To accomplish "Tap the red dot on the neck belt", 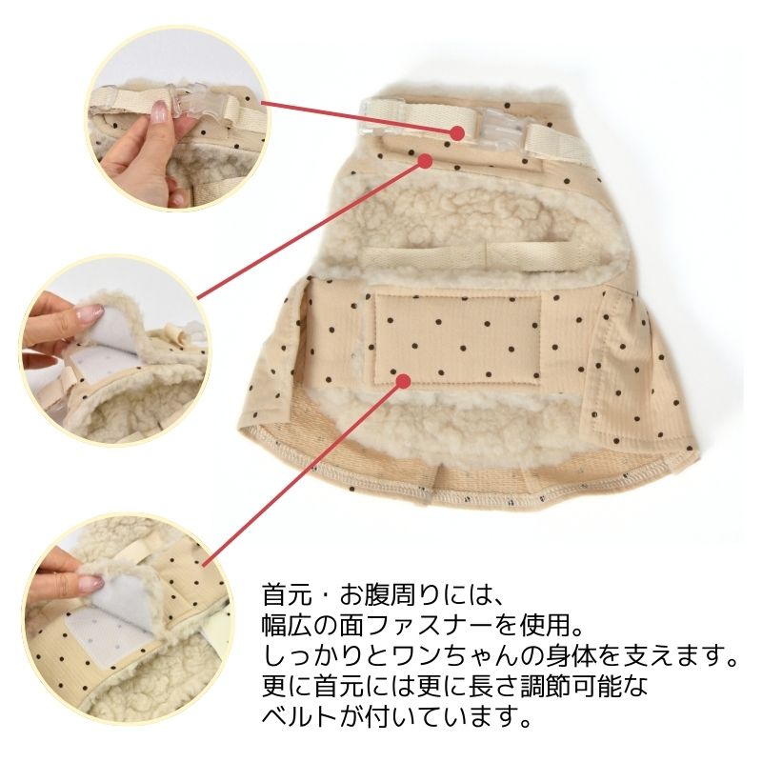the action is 457,132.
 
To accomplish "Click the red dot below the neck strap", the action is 425,161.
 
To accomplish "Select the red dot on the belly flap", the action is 402,380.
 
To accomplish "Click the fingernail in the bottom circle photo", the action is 90,583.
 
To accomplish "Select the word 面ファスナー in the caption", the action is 413,627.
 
